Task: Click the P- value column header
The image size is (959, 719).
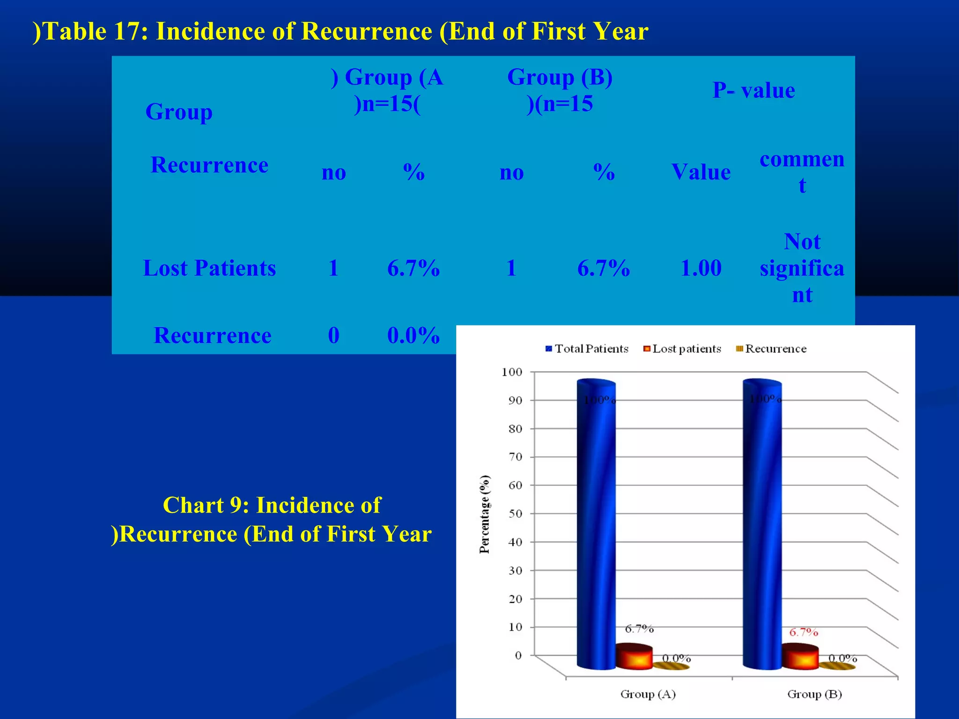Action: coord(753,90)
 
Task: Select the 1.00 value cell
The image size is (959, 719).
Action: coord(701,268)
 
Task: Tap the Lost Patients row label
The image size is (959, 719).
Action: coord(209,268)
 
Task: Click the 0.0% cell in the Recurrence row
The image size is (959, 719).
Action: coord(413,335)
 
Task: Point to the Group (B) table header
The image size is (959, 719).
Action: coord(560,90)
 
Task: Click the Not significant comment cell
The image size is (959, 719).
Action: coord(802,268)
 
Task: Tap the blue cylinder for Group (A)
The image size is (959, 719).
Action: coord(596,524)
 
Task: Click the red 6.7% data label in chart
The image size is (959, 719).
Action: coord(804,632)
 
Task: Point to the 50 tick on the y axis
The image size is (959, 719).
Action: coord(515,514)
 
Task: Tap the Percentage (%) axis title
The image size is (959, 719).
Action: coord(485,514)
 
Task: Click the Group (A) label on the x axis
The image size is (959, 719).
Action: coord(648,694)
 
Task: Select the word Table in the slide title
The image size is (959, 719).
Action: coord(75,32)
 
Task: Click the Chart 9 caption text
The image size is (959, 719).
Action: coord(272,520)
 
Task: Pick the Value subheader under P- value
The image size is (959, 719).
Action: coord(701,172)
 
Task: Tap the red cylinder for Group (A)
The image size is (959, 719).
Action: coord(634,656)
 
